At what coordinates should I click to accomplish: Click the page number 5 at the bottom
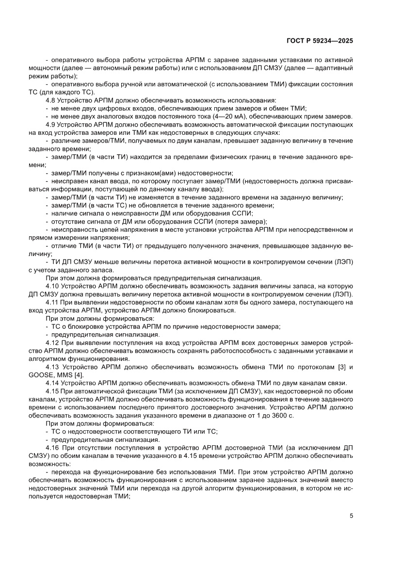[x=351, y=516]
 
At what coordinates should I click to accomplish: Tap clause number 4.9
[x=51, y=124]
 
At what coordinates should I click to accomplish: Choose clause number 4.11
[x=53, y=302]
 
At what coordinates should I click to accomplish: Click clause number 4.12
[x=53, y=342]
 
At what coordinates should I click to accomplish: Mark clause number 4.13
[x=53, y=367]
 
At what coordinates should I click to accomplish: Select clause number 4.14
[x=53, y=383]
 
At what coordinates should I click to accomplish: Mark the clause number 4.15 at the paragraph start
[x=53, y=391]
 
